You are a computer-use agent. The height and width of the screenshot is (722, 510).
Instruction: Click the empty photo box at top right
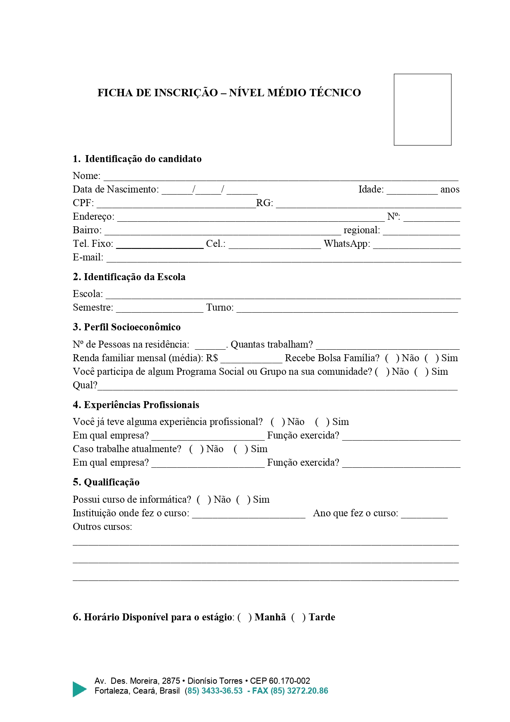point(422,109)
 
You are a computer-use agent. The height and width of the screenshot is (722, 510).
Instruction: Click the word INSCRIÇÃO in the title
point(186,93)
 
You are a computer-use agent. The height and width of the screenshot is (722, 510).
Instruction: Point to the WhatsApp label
point(347,244)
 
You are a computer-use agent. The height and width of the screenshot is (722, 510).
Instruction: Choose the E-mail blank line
point(284,259)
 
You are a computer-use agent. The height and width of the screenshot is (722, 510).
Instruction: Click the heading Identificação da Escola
point(129,277)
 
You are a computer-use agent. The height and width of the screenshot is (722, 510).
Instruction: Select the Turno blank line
point(347,309)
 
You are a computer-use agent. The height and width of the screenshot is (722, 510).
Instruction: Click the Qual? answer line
point(278,387)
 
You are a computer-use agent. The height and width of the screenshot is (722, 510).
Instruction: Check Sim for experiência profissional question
point(322,422)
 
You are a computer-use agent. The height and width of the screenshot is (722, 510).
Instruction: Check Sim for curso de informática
point(243,499)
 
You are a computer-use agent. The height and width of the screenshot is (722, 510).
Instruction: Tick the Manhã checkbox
point(244,617)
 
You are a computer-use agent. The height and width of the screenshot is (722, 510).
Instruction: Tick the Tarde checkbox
point(298,617)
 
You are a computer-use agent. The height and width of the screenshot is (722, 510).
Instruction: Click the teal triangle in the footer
point(79,689)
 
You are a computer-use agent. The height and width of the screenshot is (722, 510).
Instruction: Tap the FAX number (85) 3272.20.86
point(299,691)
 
